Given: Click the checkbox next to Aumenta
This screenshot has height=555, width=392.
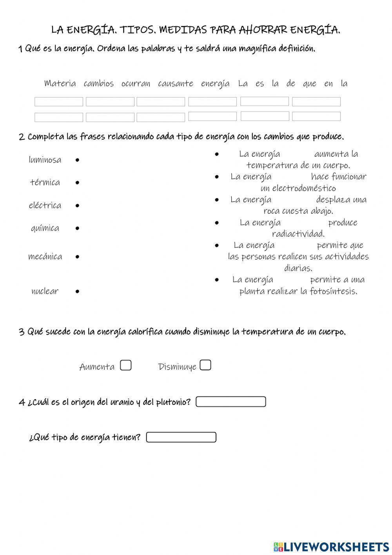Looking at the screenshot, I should [125, 365].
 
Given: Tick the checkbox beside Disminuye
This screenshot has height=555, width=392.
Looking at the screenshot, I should [205, 365].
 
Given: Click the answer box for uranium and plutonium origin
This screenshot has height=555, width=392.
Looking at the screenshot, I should [230, 402].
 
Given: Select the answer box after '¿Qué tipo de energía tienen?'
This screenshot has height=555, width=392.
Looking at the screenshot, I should [181, 437].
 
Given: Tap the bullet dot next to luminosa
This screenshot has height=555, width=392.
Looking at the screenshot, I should [77, 160].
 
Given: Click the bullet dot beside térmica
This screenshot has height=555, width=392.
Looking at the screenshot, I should [77, 183].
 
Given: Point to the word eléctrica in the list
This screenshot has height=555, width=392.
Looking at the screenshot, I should [45, 205].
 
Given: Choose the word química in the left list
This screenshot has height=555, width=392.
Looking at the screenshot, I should [45, 228].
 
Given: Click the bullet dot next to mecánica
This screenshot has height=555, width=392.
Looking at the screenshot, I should [77, 257].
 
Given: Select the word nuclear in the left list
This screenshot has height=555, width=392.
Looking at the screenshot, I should [45, 291].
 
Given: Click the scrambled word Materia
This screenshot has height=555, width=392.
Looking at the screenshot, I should [60, 83].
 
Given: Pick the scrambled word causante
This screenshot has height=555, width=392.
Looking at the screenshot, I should [176, 84].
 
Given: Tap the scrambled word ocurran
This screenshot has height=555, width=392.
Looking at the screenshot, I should [136, 84].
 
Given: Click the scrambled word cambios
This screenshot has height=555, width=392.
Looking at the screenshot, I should [98, 84].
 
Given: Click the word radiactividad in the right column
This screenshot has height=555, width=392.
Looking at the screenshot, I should [298, 234].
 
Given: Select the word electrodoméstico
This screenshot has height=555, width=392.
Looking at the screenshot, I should [298, 188].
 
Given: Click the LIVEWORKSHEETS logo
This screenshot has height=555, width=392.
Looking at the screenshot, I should [331, 546].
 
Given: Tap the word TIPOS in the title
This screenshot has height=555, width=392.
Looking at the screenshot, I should [138, 30].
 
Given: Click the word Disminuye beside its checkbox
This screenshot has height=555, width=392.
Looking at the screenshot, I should [177, 367].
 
